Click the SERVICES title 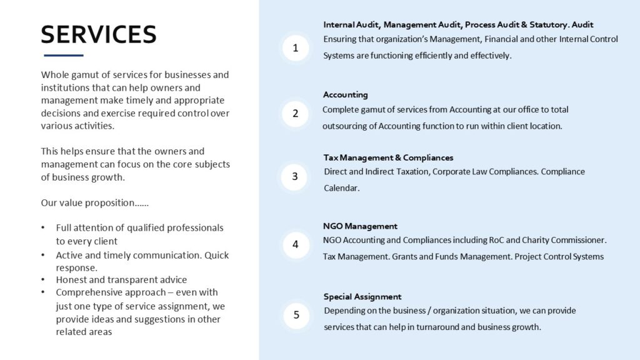[98, 34]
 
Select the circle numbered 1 [296, 48]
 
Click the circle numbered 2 [296, 114]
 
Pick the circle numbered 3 [296, 176]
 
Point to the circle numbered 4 [296, 244]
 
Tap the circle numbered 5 [296, 315]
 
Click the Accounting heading [345, 95]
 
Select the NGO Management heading [360, 226]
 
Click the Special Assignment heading [362, 297]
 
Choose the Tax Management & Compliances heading [388, 157]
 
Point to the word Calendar [341, 188]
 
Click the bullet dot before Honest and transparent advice [42, 280]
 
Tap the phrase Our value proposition [94, 203]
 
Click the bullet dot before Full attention [42, 228]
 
